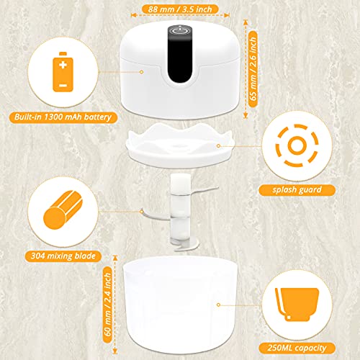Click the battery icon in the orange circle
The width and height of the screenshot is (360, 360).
[63, 73]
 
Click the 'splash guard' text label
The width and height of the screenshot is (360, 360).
[297, 190]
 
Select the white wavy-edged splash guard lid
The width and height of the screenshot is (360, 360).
[180, 144]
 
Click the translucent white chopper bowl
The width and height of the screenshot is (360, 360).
[180, 295]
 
